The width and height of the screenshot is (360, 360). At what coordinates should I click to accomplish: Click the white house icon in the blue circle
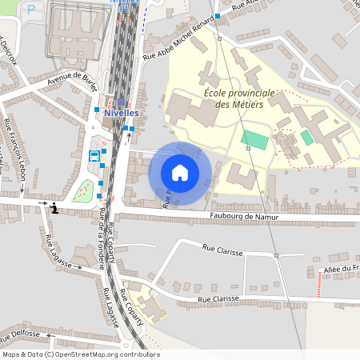click(180, 173)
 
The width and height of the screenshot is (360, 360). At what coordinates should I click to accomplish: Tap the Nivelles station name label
click(122, 113)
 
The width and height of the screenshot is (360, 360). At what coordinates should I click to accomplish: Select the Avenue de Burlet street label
click(71, 83)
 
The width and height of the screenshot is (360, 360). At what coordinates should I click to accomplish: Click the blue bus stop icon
click(94, 156)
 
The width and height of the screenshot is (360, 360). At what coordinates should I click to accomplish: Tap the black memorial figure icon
click(54, 209)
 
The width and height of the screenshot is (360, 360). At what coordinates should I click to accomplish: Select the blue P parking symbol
click(31, 10)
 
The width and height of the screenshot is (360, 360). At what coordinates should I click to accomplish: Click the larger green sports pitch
click(255, 138)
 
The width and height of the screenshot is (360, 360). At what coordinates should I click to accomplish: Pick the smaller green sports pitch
click(306, 137)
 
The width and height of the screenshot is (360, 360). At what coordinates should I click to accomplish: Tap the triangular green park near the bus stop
click(83, 191)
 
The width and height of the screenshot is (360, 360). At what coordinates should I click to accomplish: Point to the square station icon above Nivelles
click(121, 102)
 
